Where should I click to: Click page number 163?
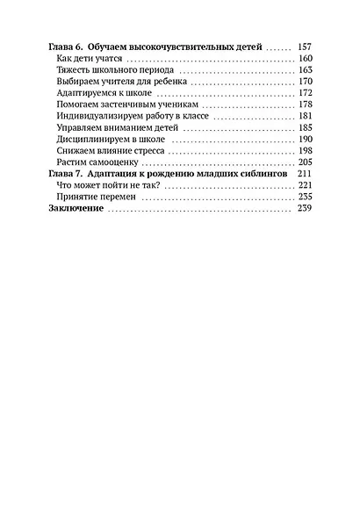[305, 68]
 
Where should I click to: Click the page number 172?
[305, 92]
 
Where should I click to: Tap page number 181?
[305, 116]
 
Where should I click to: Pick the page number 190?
[305, 140]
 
